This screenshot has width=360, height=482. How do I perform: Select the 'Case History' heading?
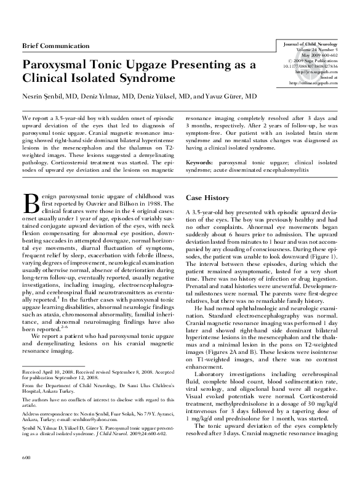(x=208, y=199)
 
